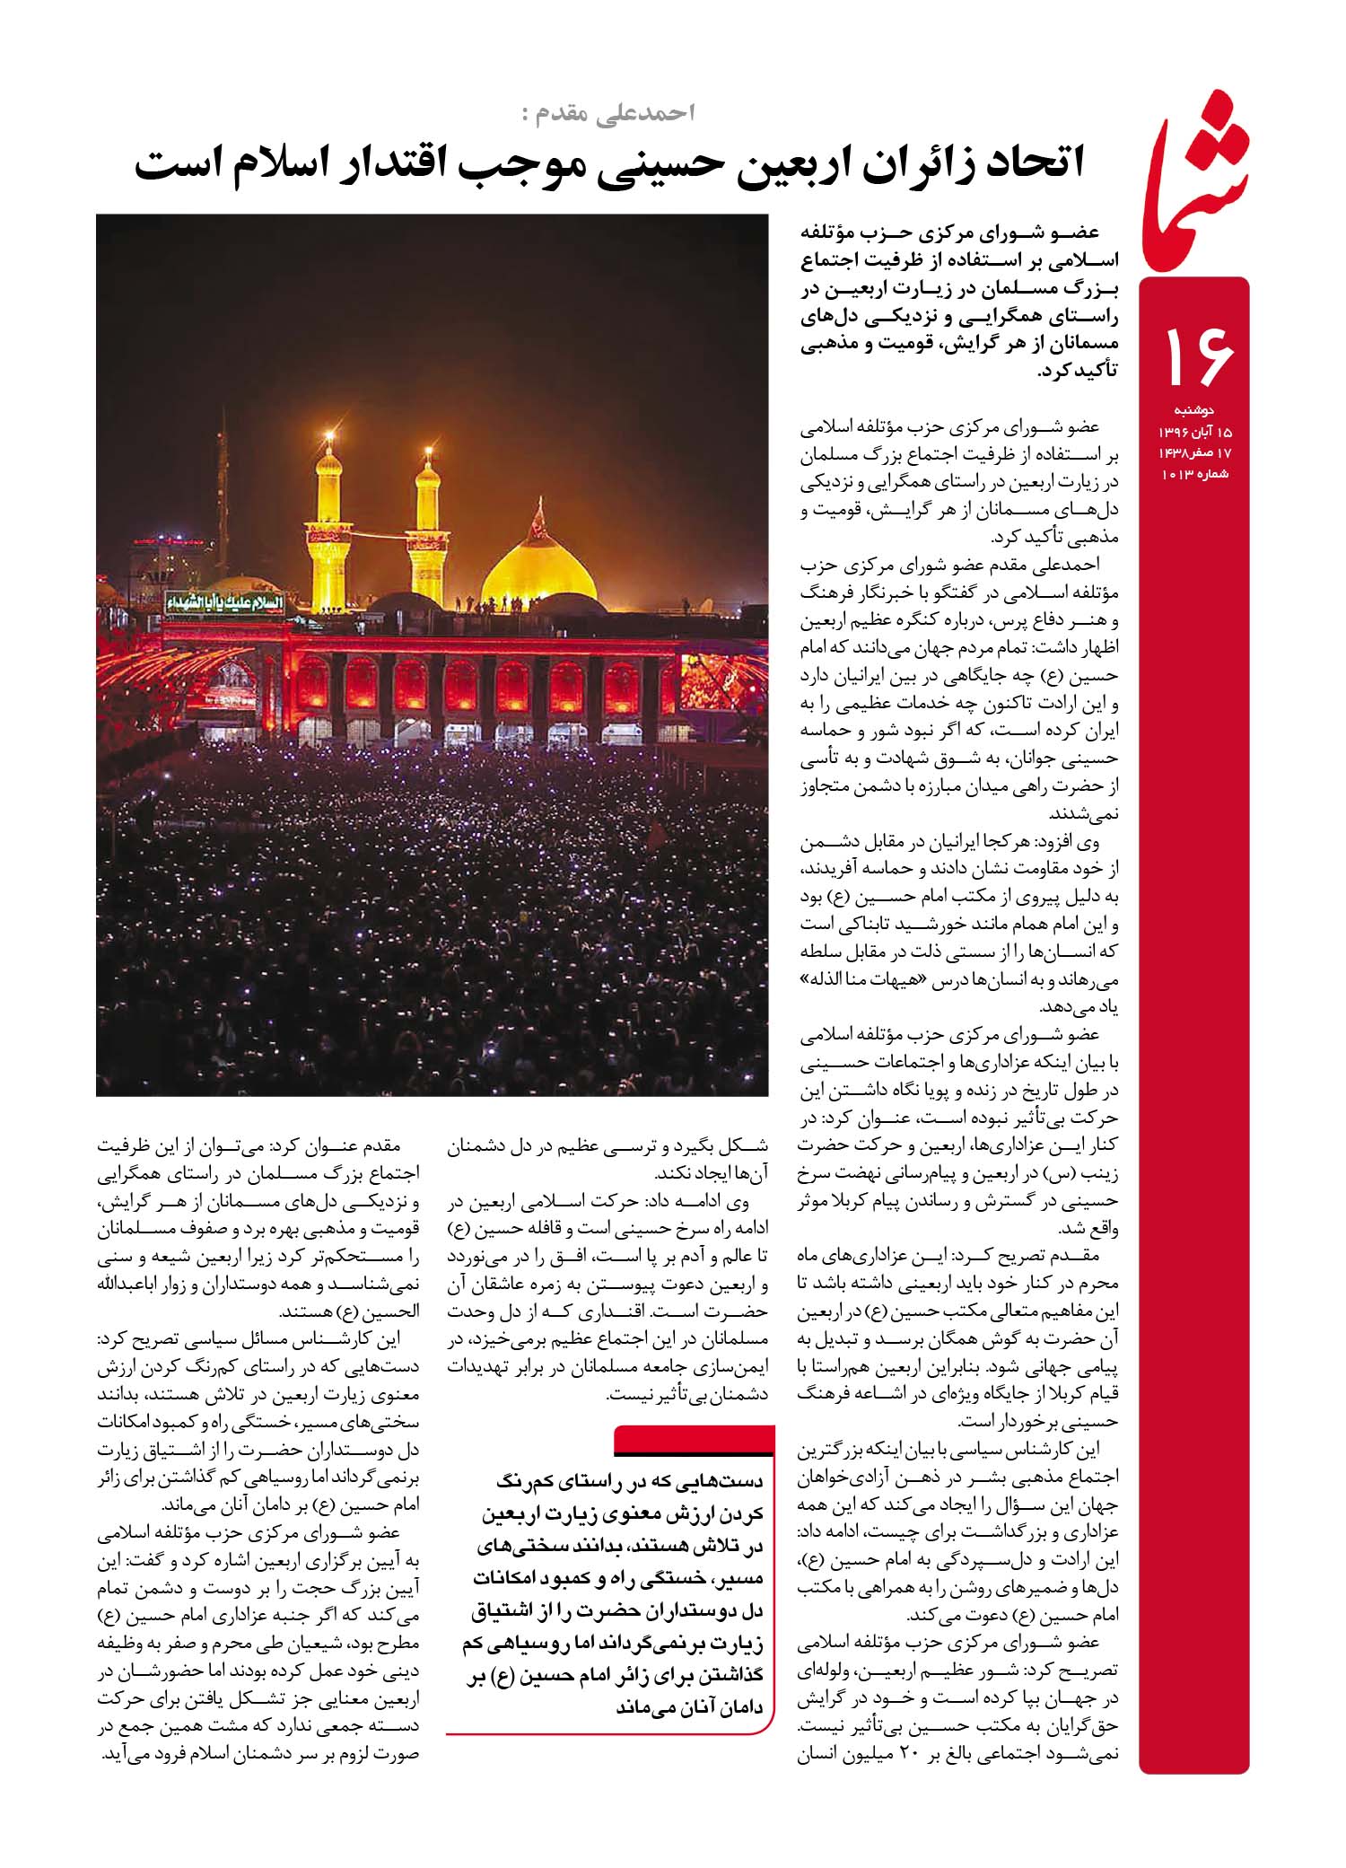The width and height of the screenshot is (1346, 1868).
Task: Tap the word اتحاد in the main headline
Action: click(x=1023, y=164)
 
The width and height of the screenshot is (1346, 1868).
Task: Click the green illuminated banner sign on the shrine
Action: click(x=223, y=602)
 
